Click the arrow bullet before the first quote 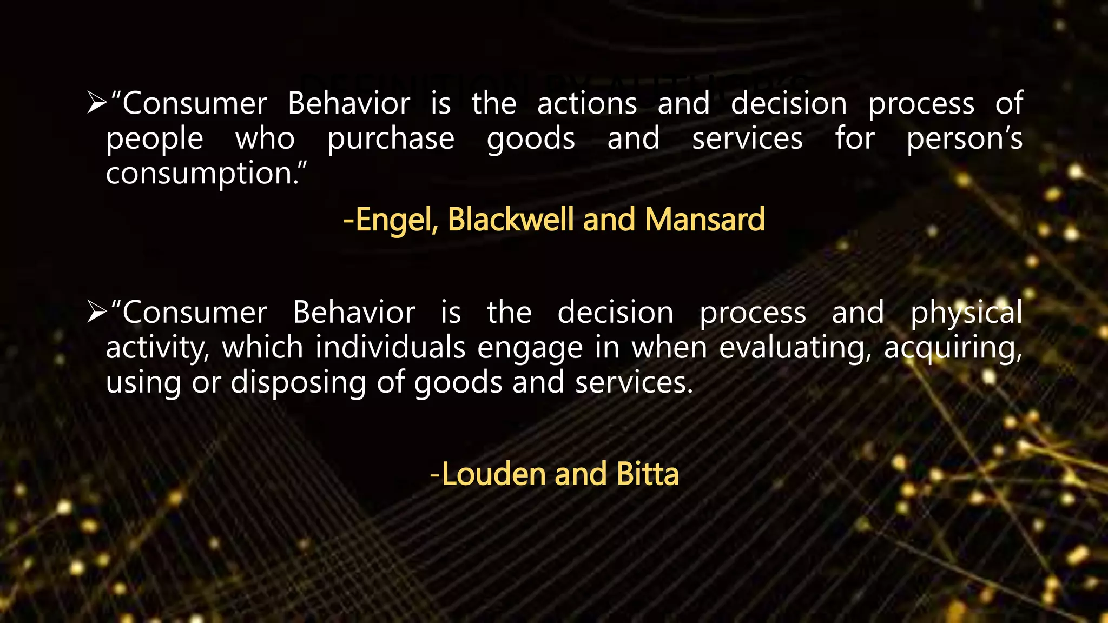pos(97,103)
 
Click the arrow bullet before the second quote pos(97,312)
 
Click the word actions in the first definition pos(587,103)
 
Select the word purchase pos(391,139)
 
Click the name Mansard pos(704,219)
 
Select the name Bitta pos(648,474)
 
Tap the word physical pos(966,313)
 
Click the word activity pos(157,348)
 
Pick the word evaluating pos(795,348)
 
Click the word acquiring pos(953,348)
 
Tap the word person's pos(964,139)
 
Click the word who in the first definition pos(265,139)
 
